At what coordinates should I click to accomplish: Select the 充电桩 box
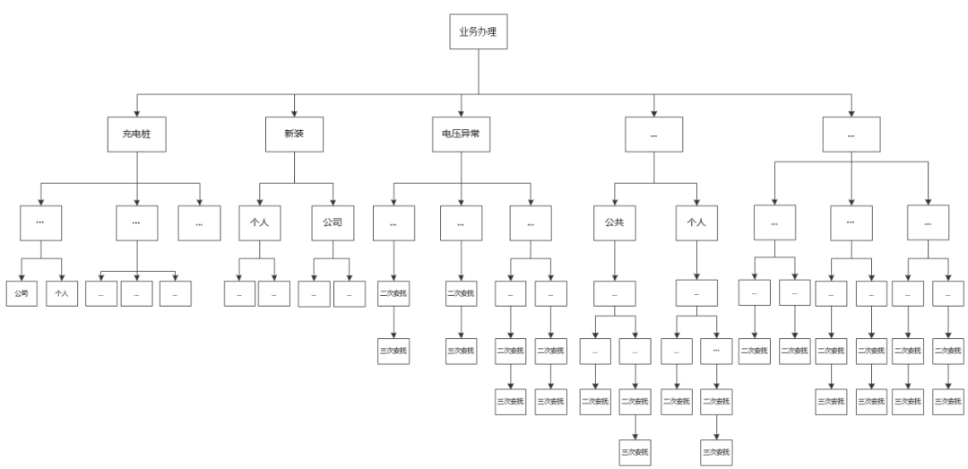[x=136, y=135]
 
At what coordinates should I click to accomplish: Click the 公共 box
[x=614, y=222]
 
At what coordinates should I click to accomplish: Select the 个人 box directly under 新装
[x=259, y=222]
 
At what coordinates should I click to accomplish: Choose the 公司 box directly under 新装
[x=333, y=222]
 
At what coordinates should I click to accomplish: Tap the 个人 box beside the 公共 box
[x=695, y=222]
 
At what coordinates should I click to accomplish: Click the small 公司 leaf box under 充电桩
[x=22, y=293]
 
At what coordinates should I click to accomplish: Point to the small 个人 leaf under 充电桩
[x=63, y=293]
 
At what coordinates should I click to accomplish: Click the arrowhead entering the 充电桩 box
[x=136, y=113]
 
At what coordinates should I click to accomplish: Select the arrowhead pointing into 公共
[x=614, y=202]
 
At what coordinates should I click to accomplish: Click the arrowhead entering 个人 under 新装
[x=259, y=202]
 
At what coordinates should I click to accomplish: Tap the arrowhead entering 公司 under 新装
[x=333, y=202]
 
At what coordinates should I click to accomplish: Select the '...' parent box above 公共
[x=653, y=135]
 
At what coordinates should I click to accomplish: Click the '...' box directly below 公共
[x=614, y=293]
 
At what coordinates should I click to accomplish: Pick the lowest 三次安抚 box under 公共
[x=635, y=450]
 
